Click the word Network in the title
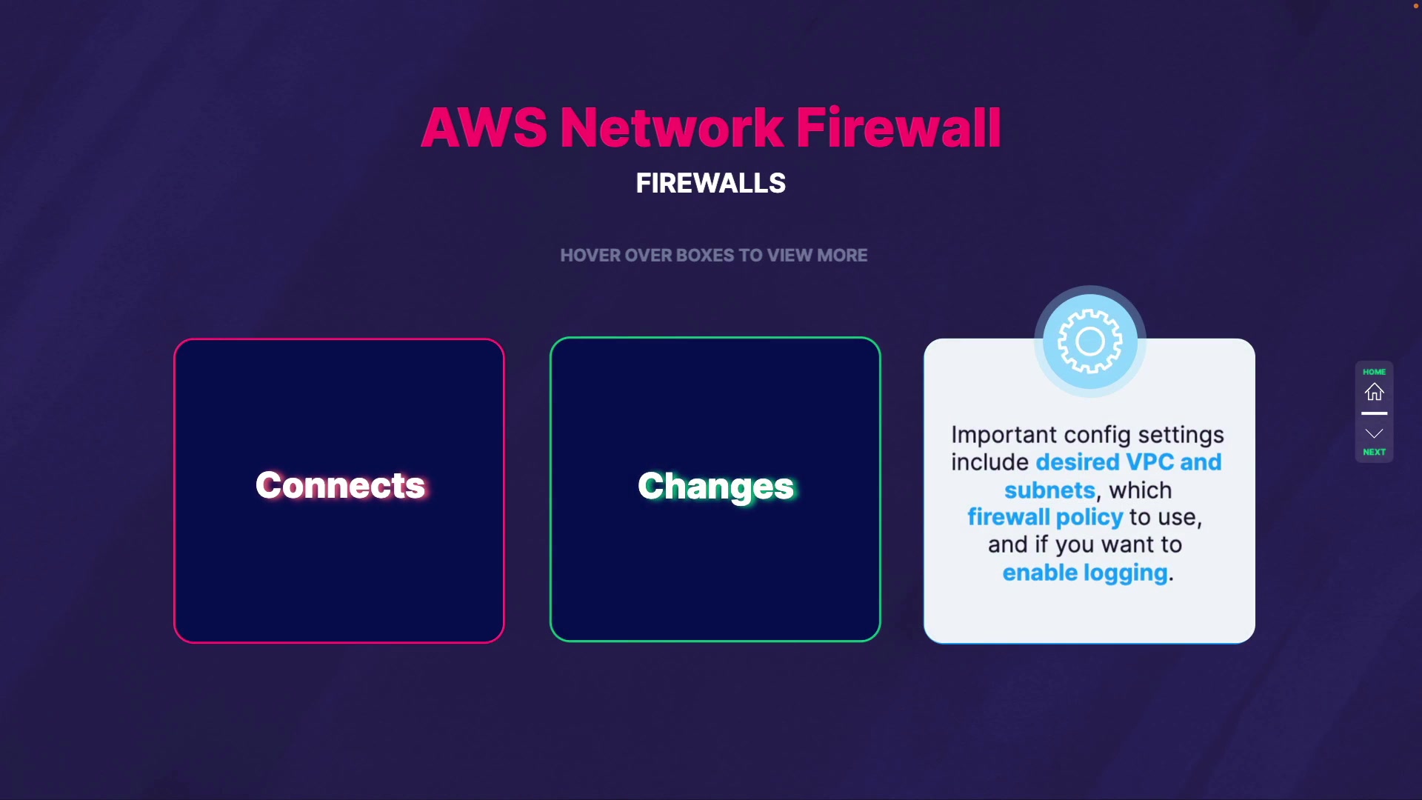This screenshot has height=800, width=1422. (x=672, y=127)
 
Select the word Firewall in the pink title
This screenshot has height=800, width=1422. (x=898, y=127)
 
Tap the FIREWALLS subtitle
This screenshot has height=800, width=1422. (x=711, y=183)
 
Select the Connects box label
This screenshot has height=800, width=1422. (x=340, y=486)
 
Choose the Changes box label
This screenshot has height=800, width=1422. (x=715, y=487)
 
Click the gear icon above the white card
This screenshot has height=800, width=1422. (x=1089, y=341)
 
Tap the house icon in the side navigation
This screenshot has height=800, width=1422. (x=1375, y=392)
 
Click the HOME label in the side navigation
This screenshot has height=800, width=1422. (x=1375, y=372)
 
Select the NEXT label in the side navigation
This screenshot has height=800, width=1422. (x=1375, y=452)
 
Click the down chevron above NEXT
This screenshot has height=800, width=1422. (x=1375, y=433)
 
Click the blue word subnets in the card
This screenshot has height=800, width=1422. (x=1049, y=490)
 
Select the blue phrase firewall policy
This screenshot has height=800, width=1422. (x=1045, y=517)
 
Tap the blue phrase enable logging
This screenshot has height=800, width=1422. (x=1085, y=573)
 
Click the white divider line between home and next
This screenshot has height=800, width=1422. (x=1375, y=413)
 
